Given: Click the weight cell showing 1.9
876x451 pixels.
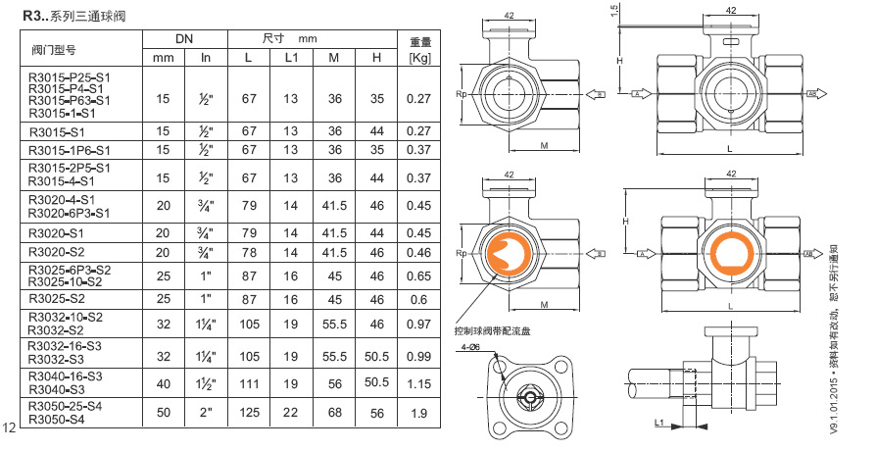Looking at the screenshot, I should [420, 413].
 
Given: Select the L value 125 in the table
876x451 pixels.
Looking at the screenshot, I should [248, 413].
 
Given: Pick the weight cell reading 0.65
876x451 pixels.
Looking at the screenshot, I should [420, 277].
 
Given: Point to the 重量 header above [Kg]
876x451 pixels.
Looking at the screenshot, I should [420, 42].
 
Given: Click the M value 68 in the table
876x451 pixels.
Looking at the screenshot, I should [334, 413].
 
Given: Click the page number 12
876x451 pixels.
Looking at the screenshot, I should [11, 426].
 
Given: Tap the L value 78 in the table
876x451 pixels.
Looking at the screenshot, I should [248, 252].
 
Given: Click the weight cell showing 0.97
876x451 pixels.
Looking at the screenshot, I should [420, 324].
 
